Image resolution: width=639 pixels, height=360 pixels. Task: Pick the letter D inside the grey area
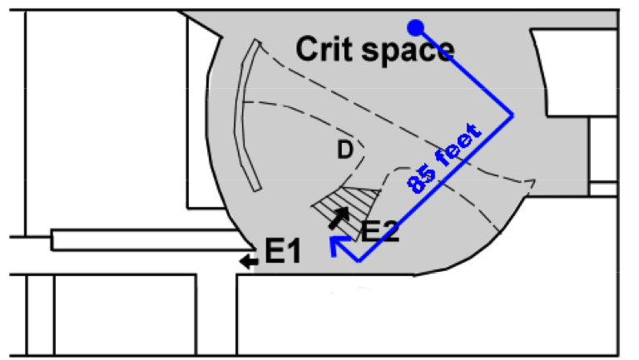pos(344,150)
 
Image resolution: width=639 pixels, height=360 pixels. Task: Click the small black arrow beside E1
pos(247,262)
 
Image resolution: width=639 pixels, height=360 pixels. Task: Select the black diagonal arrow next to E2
pos(339,218)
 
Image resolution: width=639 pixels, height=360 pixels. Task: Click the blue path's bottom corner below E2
pos(359,260)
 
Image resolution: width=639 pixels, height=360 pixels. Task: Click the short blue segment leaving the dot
pos(463,69)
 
